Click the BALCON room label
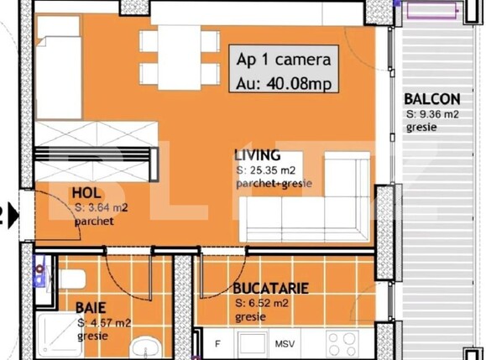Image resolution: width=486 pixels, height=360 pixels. [x=431, y=98]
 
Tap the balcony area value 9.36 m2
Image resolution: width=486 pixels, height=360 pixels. [x=437, y=113]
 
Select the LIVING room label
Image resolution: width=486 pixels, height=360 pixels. [x=257, y=156]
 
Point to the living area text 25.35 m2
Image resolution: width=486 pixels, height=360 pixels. [x=269, y=170]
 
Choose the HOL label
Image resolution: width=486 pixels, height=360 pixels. [x=86, y=192]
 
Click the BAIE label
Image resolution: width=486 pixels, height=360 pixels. [x=91, y=307]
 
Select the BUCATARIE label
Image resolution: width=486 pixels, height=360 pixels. [x=271, y=289]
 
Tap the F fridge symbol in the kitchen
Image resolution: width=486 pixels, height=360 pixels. [x=218, y=343]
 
